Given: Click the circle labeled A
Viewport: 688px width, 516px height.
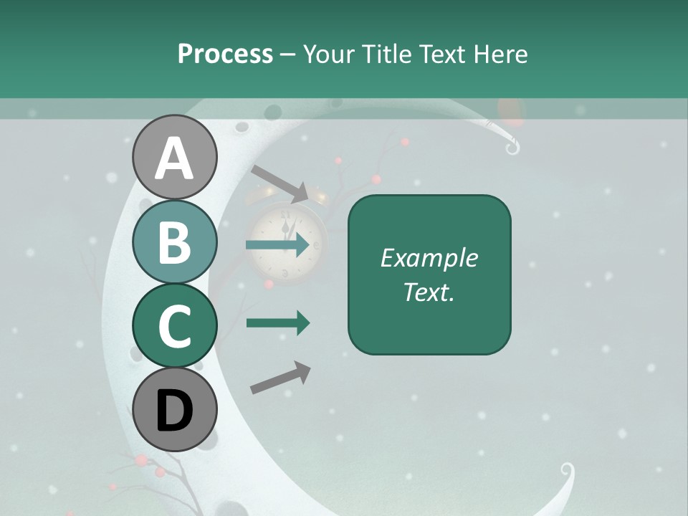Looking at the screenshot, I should click(x=174, y=158).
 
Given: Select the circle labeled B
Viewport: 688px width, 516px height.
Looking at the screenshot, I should click(x=174, y=242).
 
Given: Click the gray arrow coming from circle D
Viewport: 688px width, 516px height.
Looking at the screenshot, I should click(x=280, y=378).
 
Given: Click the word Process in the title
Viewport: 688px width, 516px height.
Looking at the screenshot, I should click(x=225, y=54).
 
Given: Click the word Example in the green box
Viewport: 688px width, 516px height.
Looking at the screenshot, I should click(x=429, y=258).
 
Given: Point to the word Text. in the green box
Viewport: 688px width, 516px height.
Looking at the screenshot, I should click(x=429, y=292).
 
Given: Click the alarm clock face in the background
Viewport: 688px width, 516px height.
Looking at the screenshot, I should click(x=287, y=240).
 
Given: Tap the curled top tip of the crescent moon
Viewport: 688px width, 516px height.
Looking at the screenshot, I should click(x=512, y=148).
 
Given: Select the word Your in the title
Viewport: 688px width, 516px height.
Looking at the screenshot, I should click(x=328, y=54).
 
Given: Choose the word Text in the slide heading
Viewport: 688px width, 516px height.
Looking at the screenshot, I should click(x=444, y=54).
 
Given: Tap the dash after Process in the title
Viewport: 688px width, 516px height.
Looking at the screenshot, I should click(x=288, y=55).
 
